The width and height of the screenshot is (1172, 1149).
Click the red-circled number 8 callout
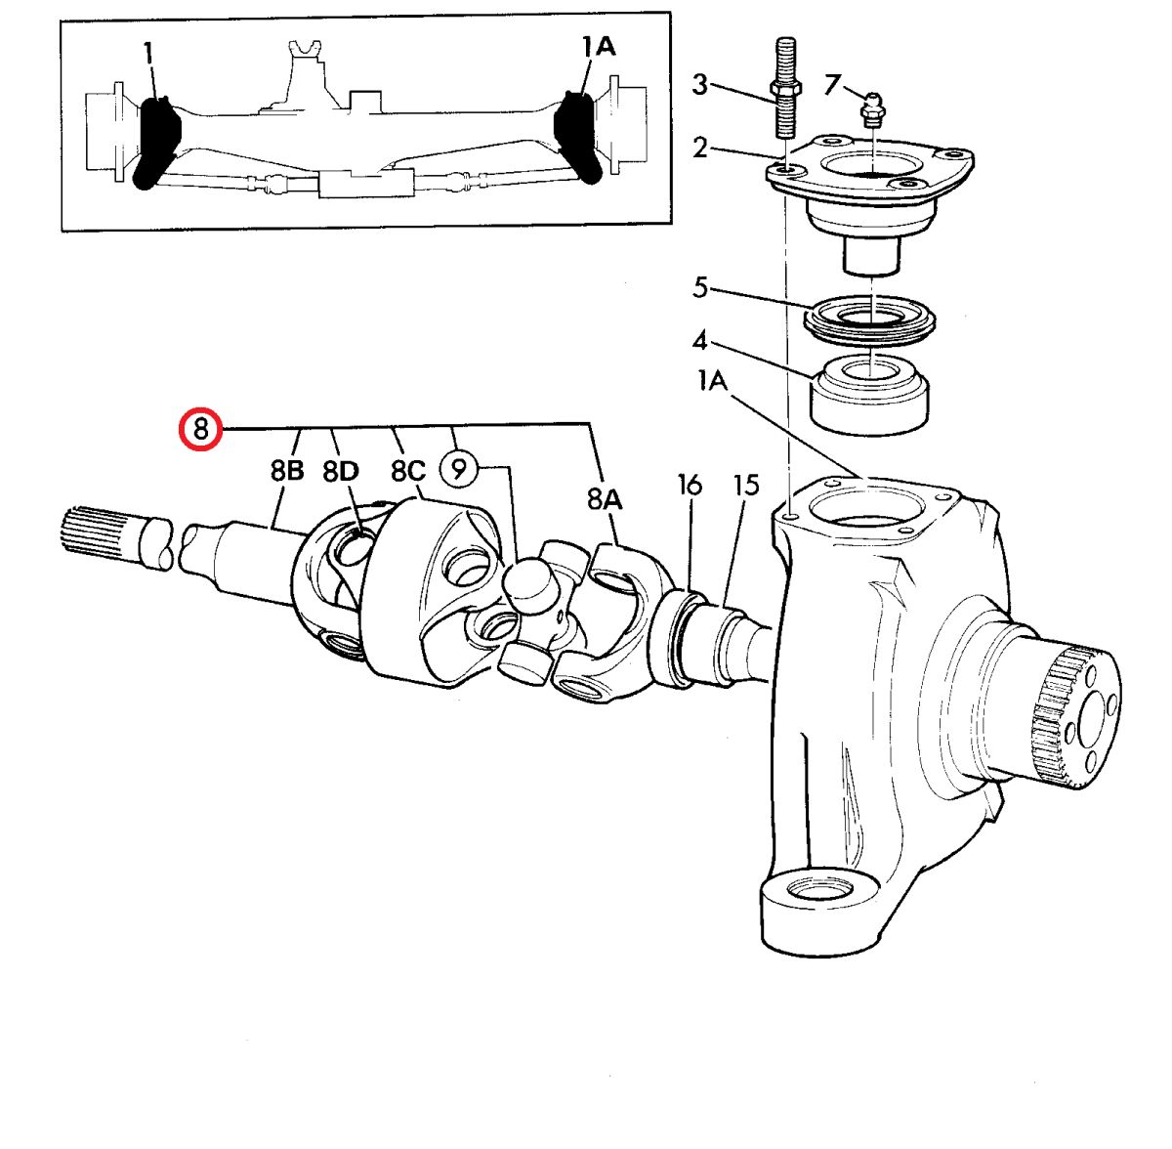point(201,430)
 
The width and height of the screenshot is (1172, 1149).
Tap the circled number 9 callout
point(460,469)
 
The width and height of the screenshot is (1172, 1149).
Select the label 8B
point(287,470)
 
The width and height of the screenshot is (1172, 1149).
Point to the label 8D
point(341,471)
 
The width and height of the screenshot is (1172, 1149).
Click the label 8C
point(408,470)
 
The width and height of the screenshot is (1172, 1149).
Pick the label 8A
point(605,499)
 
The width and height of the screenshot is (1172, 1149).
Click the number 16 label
point(691,485)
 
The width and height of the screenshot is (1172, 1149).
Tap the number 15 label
point(746,485)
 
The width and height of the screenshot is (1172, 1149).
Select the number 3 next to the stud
point(700,85)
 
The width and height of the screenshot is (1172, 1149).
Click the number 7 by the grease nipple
point(832,85)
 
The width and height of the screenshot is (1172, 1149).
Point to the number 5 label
point(700,287)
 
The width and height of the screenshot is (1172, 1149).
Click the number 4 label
point(700,341)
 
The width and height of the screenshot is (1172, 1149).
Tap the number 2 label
point(700,148)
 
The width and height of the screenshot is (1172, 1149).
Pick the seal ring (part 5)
point(870,319)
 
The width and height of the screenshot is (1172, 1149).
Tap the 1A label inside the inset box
point(599,46)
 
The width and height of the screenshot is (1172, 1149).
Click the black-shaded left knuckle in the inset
point(156,143)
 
